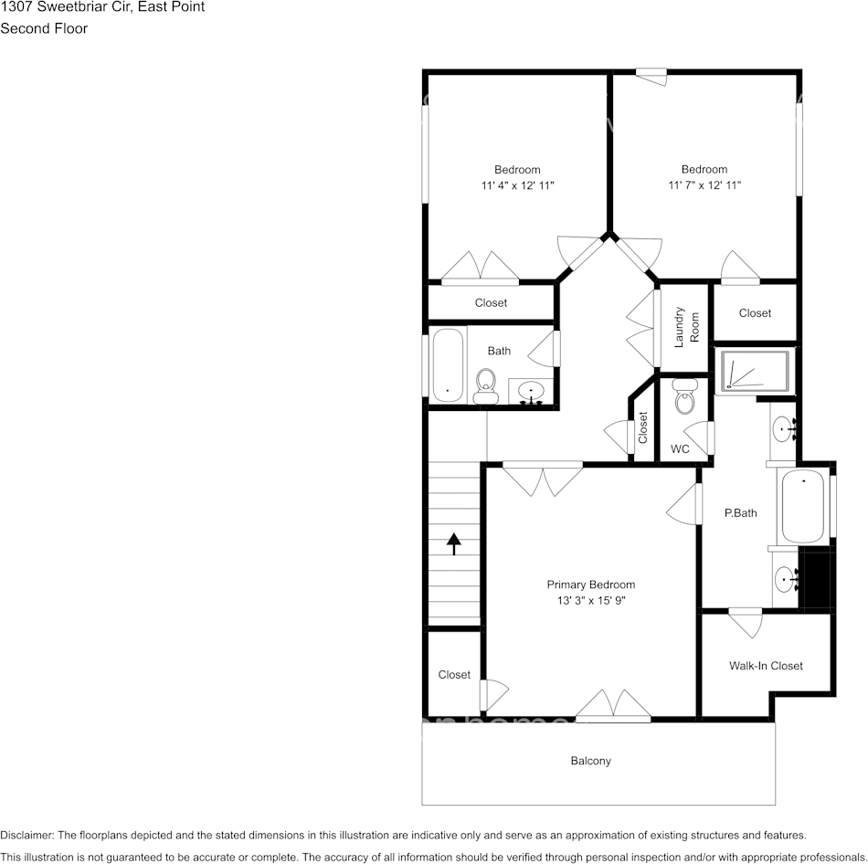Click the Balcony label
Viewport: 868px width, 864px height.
[x=590, y=761]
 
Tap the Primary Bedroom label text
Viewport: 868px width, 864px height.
[x=590, y=585]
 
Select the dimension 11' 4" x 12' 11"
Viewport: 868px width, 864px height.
[x=517, y=185]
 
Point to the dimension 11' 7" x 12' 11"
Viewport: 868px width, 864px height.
[x=704, y=185]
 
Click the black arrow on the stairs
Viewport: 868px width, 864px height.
[x=453, y=543]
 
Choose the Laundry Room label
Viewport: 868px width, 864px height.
[x=686, y=327]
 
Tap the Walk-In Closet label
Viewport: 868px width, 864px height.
[x=766, y=666]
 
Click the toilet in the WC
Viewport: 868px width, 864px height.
[x=683, y=397]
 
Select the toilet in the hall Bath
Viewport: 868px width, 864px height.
[x=485, y=385]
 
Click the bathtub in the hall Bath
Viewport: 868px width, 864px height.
[x=447, y=365]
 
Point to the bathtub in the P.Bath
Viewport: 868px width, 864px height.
[x=803, y=507]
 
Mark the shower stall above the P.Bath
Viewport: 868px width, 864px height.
[x=755, y=371]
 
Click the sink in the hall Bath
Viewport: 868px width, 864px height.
[x=530, y=392]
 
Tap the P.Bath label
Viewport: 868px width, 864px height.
[x=740, y=513]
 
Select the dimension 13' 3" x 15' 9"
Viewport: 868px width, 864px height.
[x=590, y=601]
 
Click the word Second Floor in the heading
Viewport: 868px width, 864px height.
[x=44, y=28]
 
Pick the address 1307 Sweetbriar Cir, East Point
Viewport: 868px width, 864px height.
[x=102, y=7]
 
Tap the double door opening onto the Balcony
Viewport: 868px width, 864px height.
[x=613, y=705]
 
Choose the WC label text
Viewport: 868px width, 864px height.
[x=680, y=449]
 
